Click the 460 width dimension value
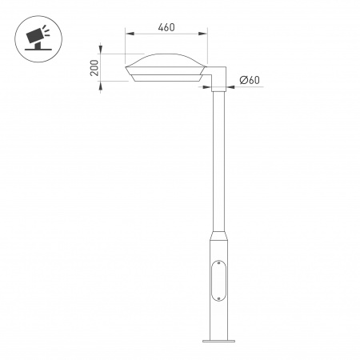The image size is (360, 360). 166,27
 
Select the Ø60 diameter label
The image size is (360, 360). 249,80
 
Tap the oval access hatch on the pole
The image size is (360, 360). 217,278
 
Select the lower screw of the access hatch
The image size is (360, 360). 217,295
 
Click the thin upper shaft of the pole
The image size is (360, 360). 217,160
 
